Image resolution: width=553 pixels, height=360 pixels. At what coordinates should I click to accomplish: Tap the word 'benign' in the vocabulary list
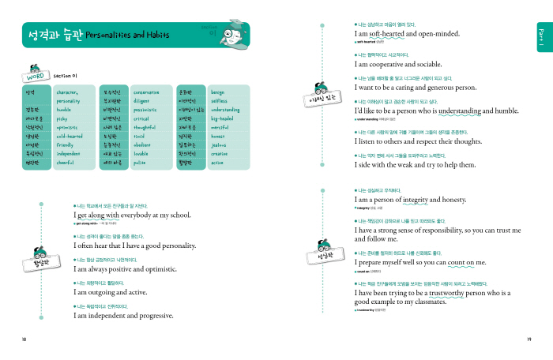click(218, 92)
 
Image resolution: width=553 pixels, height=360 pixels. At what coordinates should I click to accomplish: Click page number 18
click(24, 339)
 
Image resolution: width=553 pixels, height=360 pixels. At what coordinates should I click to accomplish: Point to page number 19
click(528, 339)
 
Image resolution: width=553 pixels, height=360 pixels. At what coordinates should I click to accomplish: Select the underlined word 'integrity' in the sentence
click(418, 200)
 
